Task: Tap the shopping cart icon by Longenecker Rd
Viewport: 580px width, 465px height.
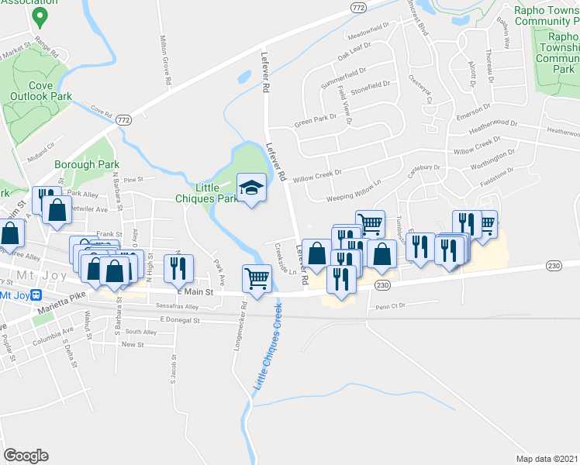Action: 257,277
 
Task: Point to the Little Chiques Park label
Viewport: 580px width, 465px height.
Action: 216,193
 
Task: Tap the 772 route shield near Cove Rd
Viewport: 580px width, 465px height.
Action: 123,121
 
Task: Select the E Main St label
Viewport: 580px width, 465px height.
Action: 194,291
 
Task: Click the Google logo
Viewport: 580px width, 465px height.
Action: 26,455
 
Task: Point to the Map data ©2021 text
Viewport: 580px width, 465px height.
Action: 547,459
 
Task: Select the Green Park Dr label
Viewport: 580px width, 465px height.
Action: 315,121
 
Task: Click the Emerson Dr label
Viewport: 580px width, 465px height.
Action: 475,108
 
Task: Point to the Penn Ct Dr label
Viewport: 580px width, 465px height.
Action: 391,307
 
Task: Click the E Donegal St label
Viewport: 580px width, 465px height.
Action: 180,319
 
